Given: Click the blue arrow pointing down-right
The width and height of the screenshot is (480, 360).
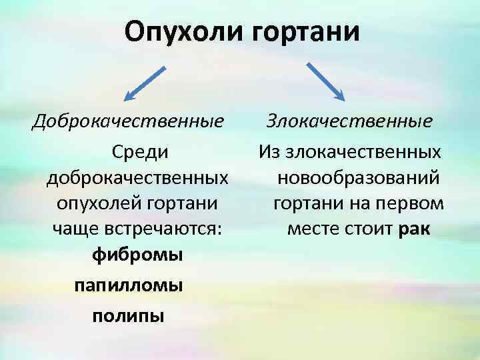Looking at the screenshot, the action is click(x=326, y=81).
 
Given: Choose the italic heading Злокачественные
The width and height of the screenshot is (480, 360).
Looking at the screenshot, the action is click(x=349, y=122).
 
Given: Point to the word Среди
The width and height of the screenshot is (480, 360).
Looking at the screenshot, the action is click(x=139, y=153).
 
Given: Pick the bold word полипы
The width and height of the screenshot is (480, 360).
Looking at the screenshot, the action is click(x=128, y=315).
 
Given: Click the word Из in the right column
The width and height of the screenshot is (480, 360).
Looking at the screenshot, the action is click(x=271, y=153).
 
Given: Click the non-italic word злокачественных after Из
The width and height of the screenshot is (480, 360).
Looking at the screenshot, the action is click(x=363, y=153).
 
